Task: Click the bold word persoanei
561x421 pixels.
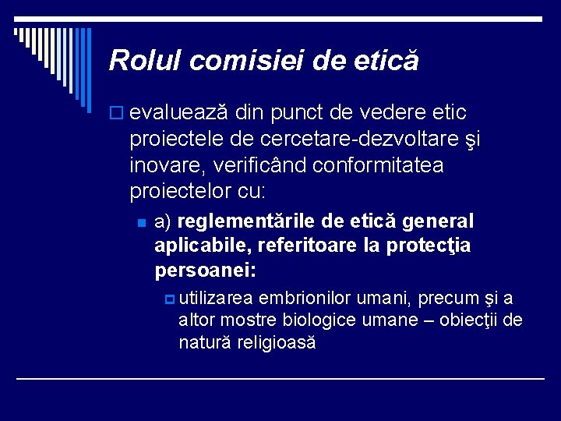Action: point(206,271)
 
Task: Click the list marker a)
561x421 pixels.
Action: point(164,222)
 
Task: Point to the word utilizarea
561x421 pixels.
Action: point(215,299)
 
